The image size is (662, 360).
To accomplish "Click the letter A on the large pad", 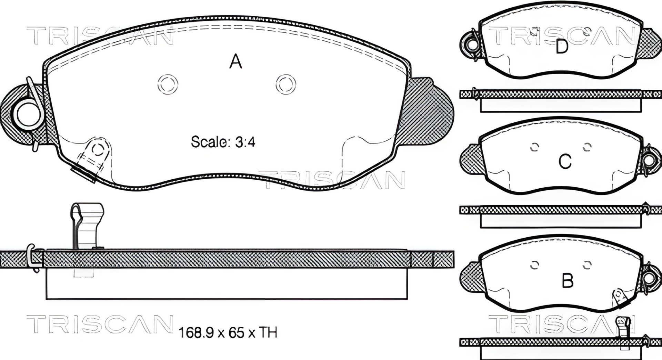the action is pyautogui.click(x=236, y=62).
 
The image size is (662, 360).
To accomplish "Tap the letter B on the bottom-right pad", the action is pyautogui.click(x=568, y=281).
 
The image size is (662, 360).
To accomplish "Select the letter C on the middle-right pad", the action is pyautogui.click(x=565, y=161).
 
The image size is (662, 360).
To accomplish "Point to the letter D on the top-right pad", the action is pyautogui.click(x=562, y=47).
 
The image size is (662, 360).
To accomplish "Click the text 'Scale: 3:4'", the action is pyautogui.click(x=223, y=142).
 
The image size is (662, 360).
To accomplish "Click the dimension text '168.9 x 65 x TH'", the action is pyautogui.click(x=228, y=333).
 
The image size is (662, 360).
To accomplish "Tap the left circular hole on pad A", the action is pyautogui.click(x=168, y=84).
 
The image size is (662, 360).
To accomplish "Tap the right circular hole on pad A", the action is pyautogui.click(x=286, y=84).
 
